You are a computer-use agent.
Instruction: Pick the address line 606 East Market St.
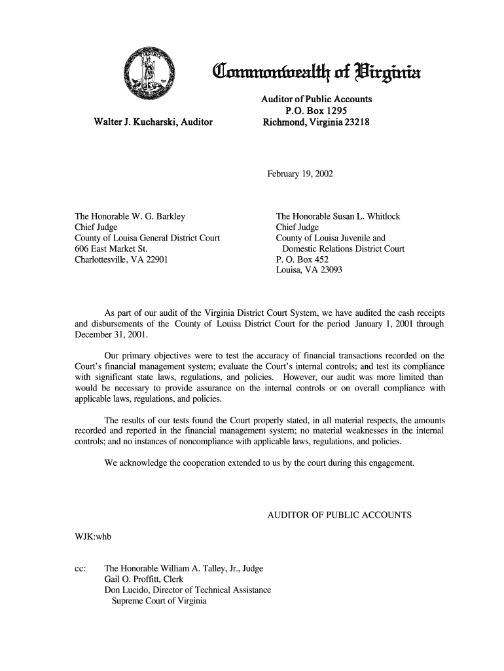point(111,248)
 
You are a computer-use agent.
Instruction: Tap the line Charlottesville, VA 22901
point(121,259)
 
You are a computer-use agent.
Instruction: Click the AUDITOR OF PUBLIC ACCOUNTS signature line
point(339,515)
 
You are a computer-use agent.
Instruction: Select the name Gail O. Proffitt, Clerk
point(145,580)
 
